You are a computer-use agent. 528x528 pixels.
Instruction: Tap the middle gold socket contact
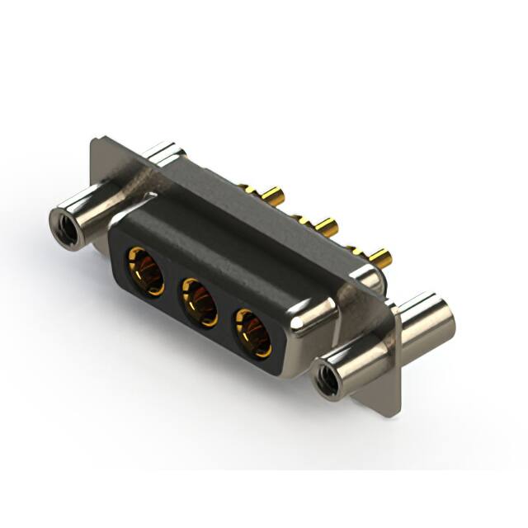click(x=199, y=299)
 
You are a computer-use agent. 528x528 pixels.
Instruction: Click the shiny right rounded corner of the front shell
click(x=313, y=318)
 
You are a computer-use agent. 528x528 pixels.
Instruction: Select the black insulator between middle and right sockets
click(x=225, y=316)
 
